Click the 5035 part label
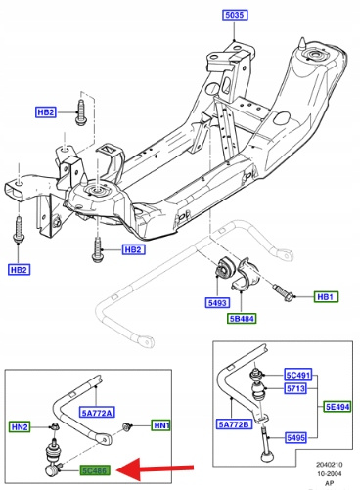coord(235,15)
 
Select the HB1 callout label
coord(326,297)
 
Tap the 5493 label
coord(217,303)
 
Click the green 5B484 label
coord(242,318)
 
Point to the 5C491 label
coord(298,375)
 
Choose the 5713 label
coord(295,388)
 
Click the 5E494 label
coord(337,407)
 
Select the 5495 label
coord(296,437)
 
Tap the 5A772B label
coord(235,424)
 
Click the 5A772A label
coord(97,413)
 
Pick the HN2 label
coord(20,426)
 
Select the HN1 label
coord(161,425)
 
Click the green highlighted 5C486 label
coord(95,470)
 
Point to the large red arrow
coord(155,469)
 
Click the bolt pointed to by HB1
coord(284,292)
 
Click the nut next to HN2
coord(54,426)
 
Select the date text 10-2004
coord(330,473)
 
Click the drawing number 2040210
coord(330,465)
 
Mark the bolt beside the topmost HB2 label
coord(80,111)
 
